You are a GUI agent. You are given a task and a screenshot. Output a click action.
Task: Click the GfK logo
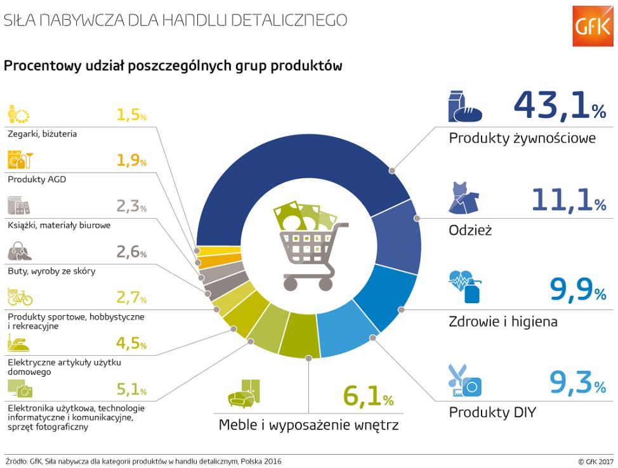593,26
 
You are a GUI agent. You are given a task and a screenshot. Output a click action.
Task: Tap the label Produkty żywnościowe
522,138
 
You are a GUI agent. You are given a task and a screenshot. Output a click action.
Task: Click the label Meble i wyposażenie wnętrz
308,425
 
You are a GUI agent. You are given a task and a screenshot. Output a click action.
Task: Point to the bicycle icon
20,297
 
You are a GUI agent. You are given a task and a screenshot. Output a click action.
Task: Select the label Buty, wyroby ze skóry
51,271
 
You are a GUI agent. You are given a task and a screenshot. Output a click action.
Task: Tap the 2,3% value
131,205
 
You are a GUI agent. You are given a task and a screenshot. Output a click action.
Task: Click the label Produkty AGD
37,179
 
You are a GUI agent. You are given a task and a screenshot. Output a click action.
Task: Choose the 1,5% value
131,114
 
